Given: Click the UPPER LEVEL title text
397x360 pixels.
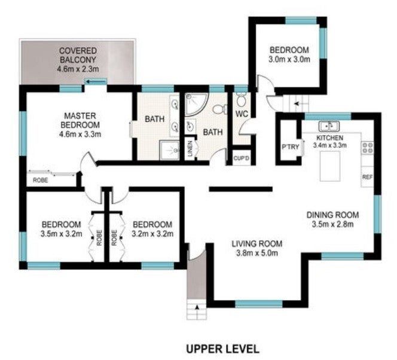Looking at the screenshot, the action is click(x=223, y=349).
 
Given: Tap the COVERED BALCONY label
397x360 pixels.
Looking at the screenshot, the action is click(x=78, y=55).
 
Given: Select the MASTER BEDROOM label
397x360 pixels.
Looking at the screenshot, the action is click(x=80, y=121).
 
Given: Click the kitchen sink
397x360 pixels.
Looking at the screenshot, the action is click(x=329, y=126).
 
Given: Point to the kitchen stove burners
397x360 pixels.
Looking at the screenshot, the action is click(x=367, y=148).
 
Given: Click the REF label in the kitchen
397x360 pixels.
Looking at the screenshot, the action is click(x=367, y=177).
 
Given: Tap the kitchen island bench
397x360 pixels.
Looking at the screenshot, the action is click(x=330, y=166).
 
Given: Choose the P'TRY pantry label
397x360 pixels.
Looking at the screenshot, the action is click(x=291, y=147).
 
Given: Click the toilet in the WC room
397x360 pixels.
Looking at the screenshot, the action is click(x=242, y=99).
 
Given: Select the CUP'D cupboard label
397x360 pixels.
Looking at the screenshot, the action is click(x=242, y=158).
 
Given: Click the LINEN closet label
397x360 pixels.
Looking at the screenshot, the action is click(x=190, y=149).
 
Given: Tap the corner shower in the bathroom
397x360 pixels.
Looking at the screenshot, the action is click(x=196, y=104).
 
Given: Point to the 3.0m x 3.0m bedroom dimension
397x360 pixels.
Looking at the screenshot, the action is click(x=289, y=59).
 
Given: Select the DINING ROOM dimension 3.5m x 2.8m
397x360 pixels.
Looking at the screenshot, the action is click(x=332, y=224).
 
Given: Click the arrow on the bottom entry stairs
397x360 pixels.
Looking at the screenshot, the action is click(x=197, y=307).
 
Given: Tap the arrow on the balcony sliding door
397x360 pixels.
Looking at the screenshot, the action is click(x=96, y=81).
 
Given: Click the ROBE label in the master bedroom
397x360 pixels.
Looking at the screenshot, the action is click(x=41, y=180).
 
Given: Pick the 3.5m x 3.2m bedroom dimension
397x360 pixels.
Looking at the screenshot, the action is click(x=61, y=234).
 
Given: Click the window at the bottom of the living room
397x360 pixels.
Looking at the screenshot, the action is click(x=259, y=304).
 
